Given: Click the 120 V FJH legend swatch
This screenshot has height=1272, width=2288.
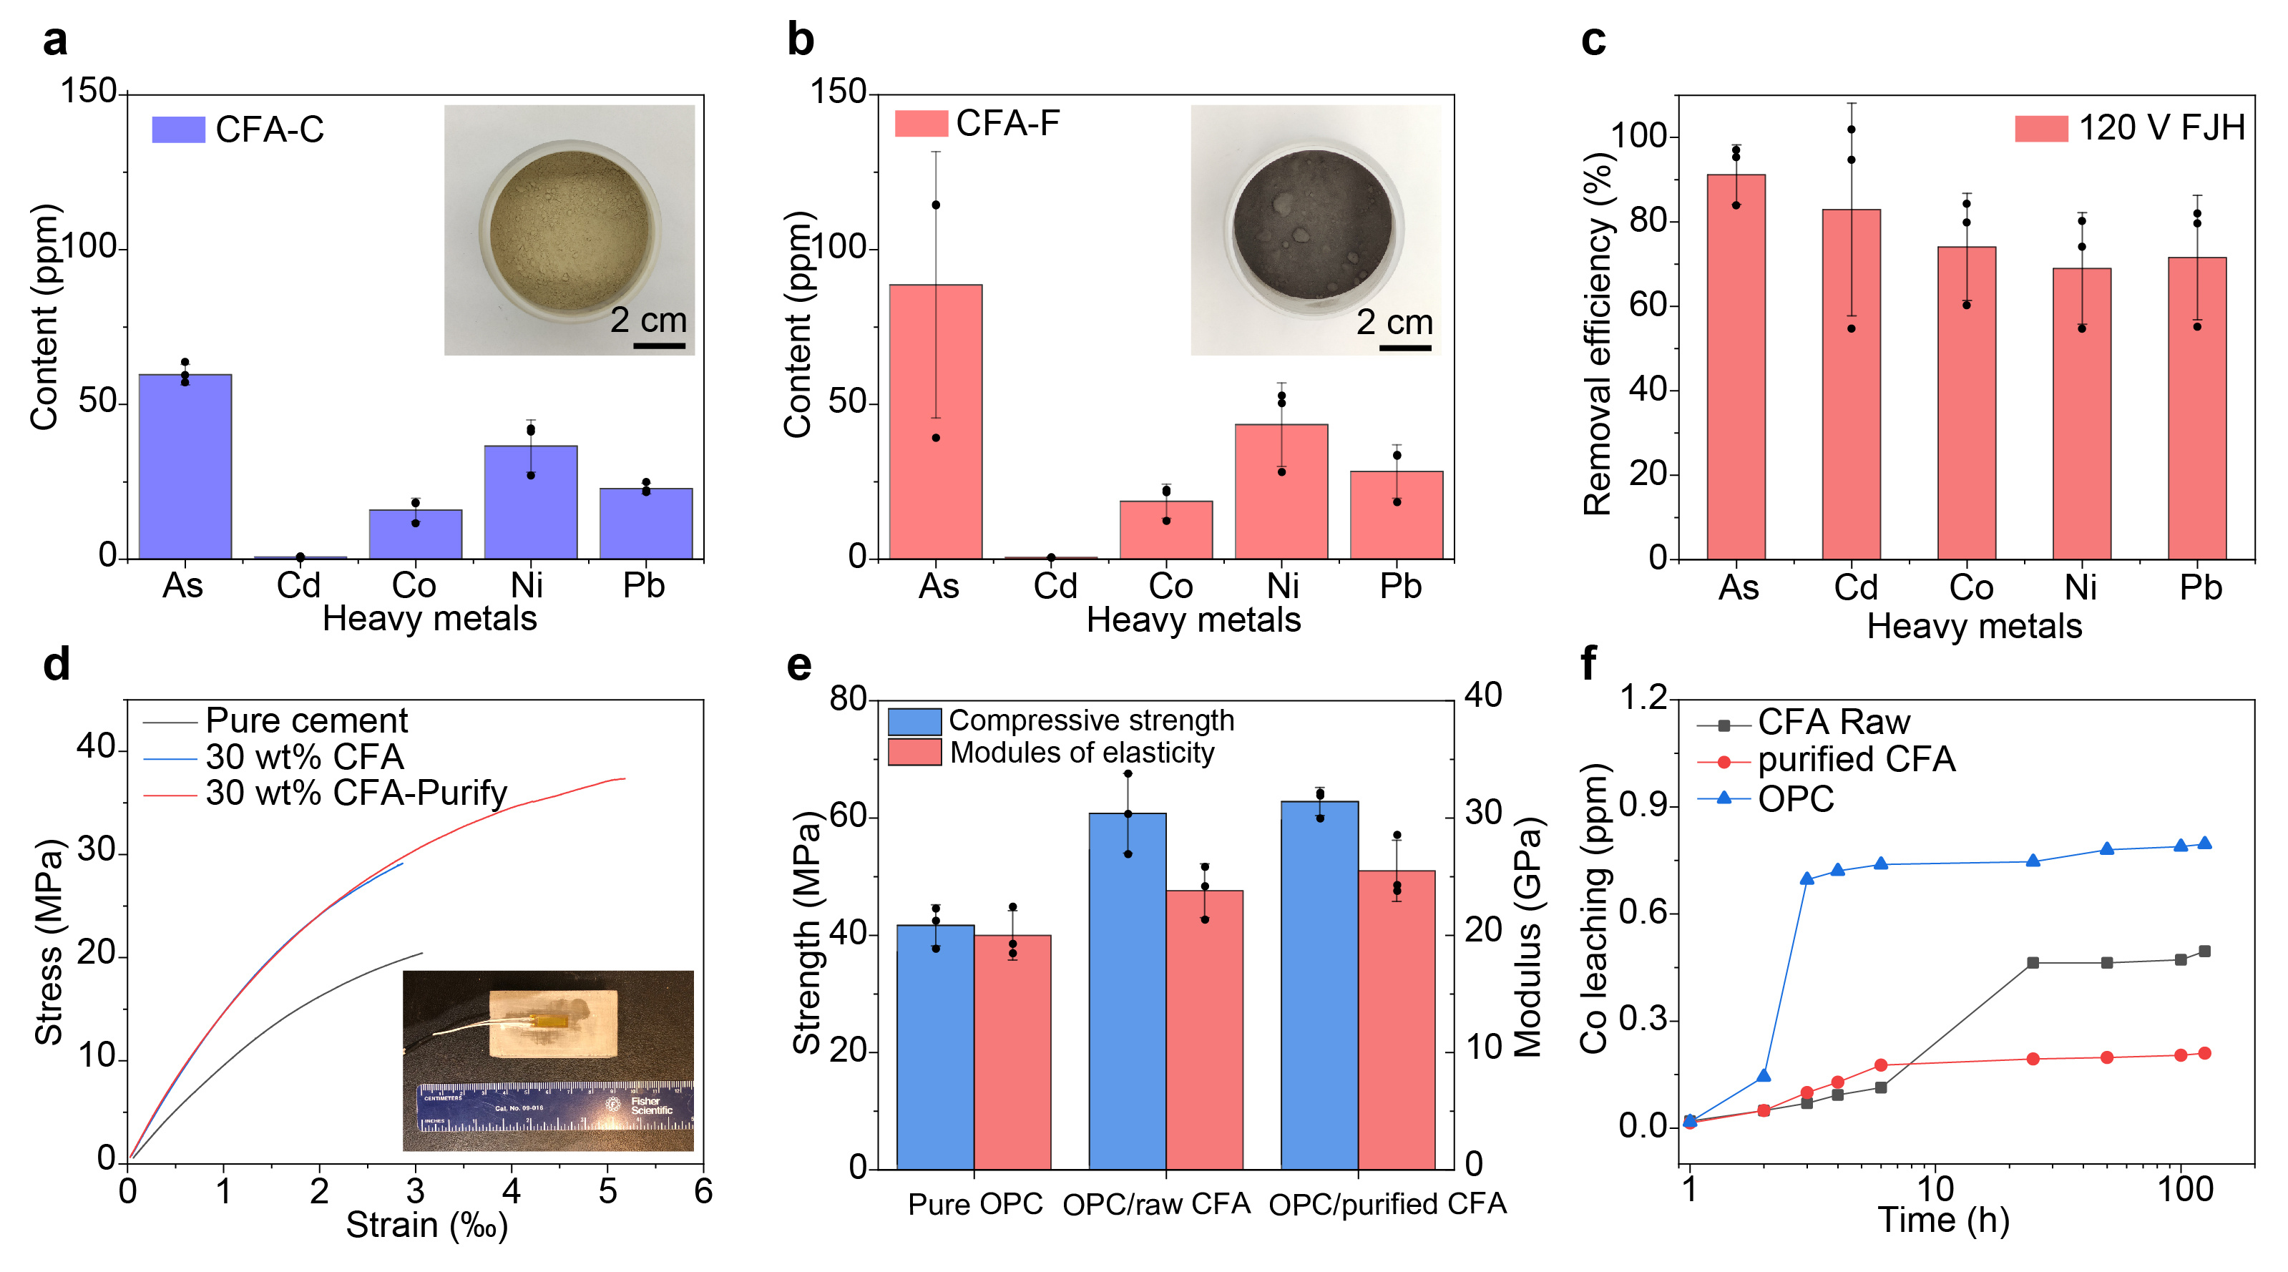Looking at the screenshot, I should [2041, 129].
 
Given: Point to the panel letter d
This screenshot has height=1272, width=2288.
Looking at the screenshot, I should [56, 665].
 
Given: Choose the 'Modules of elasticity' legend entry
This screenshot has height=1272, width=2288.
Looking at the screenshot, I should [1082, 753].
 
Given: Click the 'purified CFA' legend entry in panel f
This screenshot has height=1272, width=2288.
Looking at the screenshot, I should [1857, 760].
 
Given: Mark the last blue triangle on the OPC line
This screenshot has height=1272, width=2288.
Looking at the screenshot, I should [2204, 843].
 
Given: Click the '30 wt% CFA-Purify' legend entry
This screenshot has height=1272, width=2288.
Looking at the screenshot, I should [356, 793].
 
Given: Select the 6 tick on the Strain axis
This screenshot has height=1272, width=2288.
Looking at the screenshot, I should [703, 1191].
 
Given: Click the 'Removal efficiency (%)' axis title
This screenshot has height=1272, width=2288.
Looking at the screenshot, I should [1597, 333].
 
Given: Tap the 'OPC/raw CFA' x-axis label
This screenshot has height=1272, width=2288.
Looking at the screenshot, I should [1155, 1205].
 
